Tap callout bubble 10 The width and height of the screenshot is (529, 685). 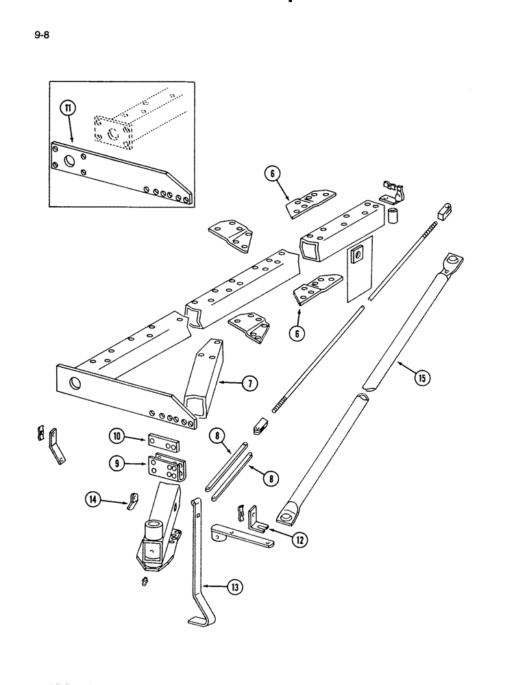click(x=117, y=436)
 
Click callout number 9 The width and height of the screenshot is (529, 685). click(x=117, y=463)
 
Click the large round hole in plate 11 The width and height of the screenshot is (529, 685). click(x=69, y=162)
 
